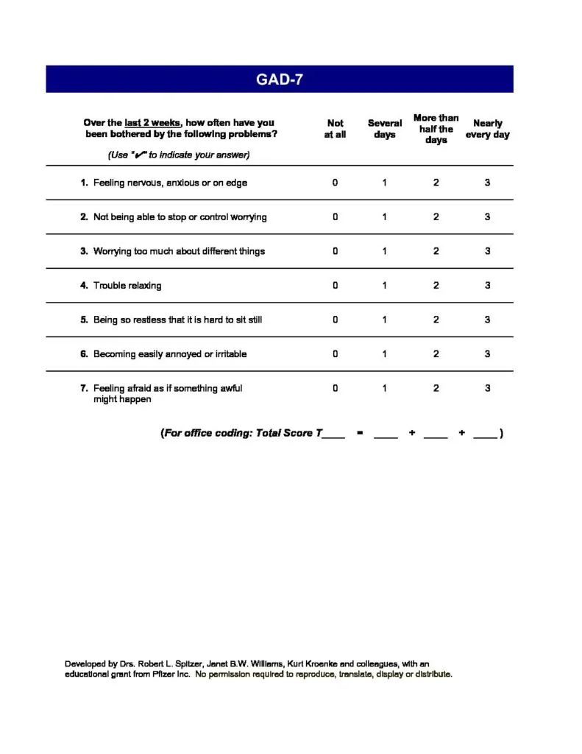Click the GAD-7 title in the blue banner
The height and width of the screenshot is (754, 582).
280,80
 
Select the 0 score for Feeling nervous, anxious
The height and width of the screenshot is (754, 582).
335,183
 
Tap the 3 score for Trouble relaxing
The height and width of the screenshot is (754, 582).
487,286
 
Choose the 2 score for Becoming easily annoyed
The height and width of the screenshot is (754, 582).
436,354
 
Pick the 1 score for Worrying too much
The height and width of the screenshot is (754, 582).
384,251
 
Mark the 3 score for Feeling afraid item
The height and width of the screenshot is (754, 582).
487,388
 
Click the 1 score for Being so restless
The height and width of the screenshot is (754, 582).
384,320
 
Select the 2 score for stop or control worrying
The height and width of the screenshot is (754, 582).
436,217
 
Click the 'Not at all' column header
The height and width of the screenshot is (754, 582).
335,129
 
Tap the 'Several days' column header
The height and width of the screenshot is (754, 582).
385,129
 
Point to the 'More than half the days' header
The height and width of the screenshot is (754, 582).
436,129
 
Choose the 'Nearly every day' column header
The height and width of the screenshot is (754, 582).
487,129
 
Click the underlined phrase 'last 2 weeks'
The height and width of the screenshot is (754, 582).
152,123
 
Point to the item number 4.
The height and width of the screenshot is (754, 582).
84,286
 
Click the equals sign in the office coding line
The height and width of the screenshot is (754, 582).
359,433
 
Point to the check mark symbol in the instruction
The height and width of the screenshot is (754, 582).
138,155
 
